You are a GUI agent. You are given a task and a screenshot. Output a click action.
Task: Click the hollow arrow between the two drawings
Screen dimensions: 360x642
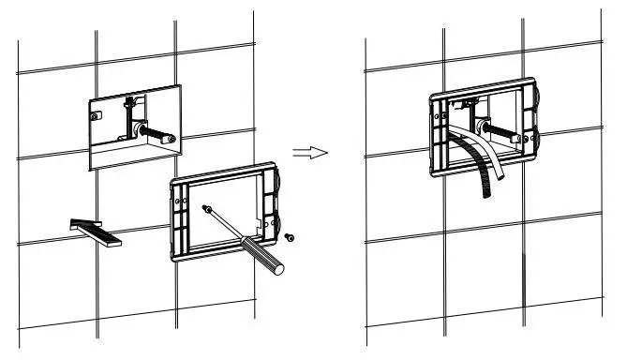(x=309, y=153)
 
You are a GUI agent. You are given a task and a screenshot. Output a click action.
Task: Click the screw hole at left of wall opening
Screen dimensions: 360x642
(x=97, y=116)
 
